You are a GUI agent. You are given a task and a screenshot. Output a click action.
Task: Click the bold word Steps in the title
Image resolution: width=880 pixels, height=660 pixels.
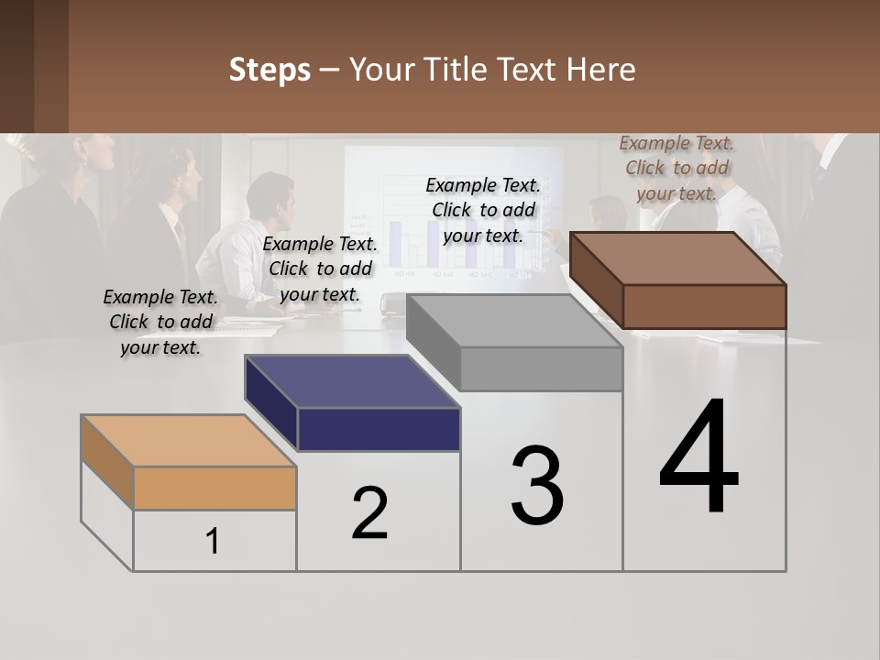269,70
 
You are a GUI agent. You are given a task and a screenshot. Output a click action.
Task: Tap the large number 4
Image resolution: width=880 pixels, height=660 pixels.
698,458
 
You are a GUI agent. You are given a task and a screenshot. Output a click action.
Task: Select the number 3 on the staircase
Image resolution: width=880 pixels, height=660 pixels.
537,486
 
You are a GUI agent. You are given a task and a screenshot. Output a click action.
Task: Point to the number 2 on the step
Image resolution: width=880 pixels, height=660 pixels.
370,513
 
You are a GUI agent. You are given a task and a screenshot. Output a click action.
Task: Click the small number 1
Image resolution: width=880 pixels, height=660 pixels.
213,542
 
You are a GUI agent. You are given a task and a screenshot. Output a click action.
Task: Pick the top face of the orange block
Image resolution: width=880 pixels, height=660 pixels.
188,441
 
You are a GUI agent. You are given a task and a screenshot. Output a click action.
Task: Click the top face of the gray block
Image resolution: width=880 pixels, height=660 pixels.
513,321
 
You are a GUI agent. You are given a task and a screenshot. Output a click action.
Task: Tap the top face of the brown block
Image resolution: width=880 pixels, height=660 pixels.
678,258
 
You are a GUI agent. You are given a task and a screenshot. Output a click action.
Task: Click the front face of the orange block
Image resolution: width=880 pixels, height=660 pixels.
214,488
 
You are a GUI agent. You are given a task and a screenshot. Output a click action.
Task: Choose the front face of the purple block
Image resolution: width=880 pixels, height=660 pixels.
379,429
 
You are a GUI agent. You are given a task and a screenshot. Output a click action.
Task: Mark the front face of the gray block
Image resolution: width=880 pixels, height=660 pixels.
541,369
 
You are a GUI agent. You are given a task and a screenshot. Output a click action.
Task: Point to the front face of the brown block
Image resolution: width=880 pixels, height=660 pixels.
704,306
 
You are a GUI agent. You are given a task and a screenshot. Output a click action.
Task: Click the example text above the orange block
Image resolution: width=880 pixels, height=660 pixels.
160,323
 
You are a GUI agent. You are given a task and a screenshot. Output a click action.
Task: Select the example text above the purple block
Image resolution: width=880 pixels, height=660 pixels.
320,269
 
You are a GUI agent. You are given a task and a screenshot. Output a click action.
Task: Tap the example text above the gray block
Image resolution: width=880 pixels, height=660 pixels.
483,211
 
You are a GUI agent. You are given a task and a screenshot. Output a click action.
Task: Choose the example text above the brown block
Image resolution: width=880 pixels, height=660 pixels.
676,169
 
